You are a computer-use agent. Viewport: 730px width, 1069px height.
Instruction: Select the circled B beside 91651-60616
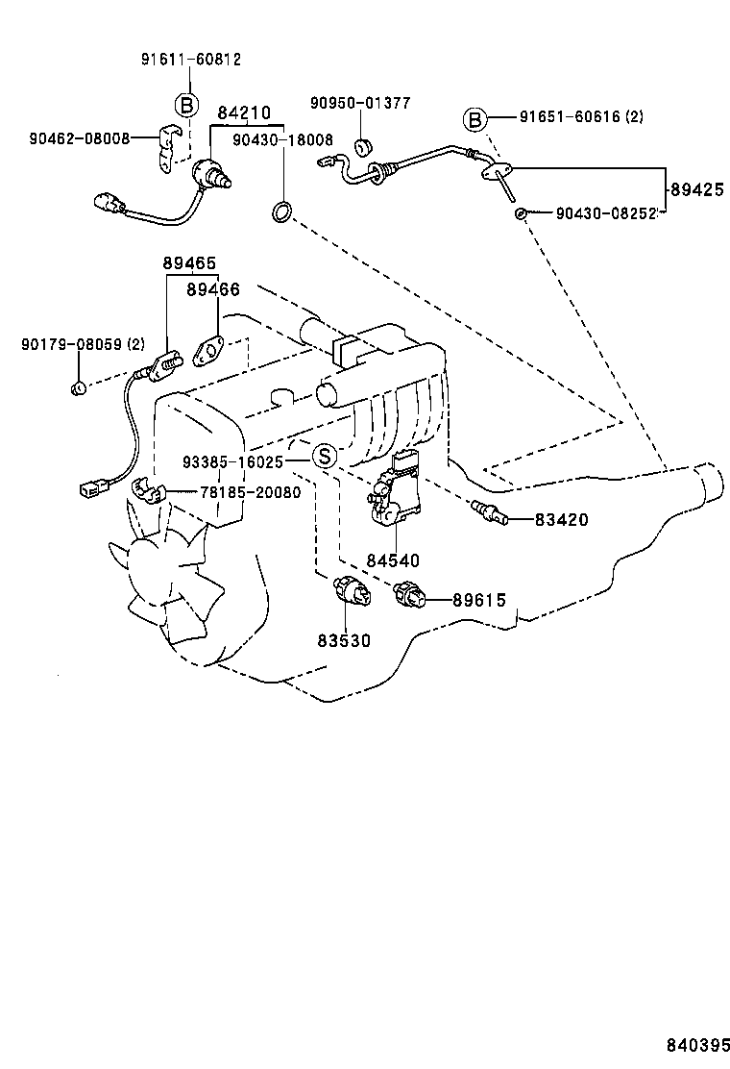tap(474, 119)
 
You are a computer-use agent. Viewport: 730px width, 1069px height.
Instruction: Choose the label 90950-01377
tap(359, 103)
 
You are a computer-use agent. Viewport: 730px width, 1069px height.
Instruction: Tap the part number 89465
tap(188, 263)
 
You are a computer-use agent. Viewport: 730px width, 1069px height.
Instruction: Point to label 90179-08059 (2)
tap(83, 344)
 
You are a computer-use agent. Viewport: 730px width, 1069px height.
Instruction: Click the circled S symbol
tap(325, 456)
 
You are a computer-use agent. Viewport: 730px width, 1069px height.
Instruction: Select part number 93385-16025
tap(232, 461)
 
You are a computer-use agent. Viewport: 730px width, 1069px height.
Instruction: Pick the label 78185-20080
tap(250, 492)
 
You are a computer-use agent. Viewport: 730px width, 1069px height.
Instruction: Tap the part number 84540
tap(392, 559)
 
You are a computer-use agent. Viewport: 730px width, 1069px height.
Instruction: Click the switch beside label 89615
tap(413, 599)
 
